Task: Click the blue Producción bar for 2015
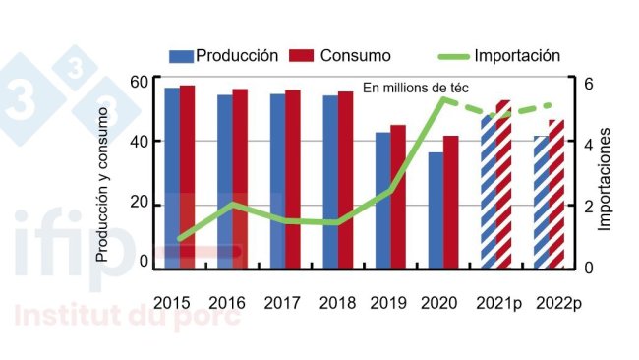coord(172,177)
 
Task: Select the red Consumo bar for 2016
coord(240,178)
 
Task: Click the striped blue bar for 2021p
coord(489,192)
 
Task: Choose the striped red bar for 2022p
coord(556,194)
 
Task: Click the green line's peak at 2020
coord(443,98)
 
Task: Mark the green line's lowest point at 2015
coord(180,239)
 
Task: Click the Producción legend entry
coord(224,55)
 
